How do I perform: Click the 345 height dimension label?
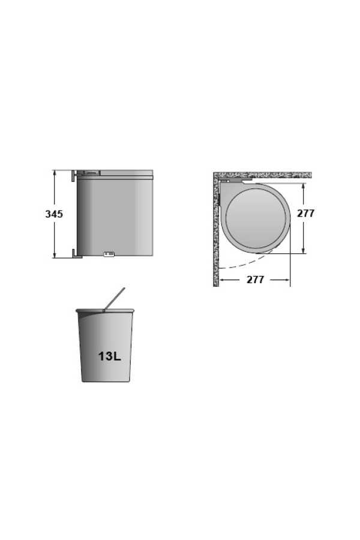54,214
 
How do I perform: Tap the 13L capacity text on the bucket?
110,356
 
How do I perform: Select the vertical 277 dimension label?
306,213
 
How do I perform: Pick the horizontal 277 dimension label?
255,280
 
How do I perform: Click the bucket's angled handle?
114,299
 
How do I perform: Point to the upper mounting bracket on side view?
74,176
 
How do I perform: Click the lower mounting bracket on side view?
76,253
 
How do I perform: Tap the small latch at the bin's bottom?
109,254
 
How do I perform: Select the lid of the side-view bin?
115,173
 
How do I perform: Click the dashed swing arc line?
248,263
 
